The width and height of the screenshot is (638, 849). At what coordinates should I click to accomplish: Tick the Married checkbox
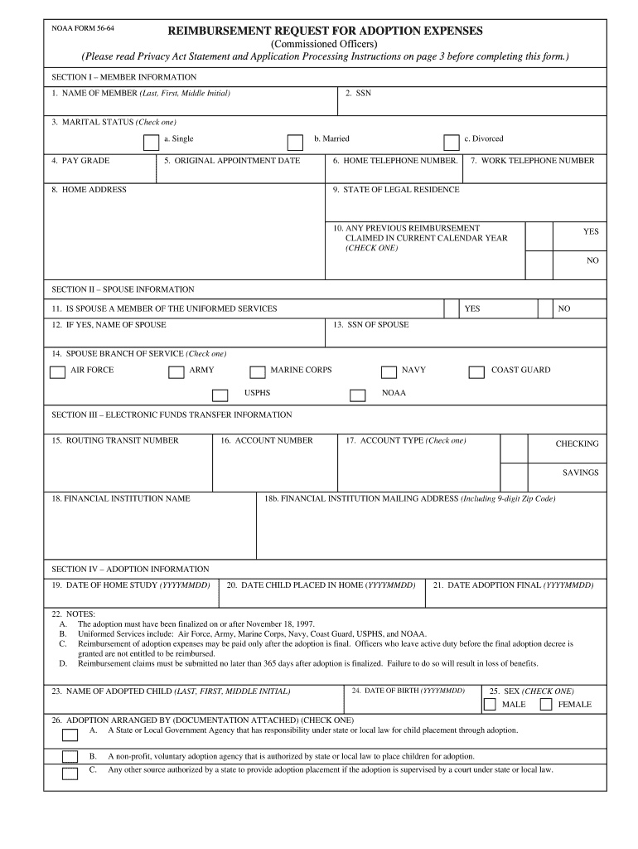click(295, 142)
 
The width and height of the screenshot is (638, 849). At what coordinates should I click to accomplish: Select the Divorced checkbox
click(451, 142)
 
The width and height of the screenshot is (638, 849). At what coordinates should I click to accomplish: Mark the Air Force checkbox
click(57, 372)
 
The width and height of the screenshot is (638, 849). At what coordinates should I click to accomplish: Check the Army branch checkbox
click(176, 372)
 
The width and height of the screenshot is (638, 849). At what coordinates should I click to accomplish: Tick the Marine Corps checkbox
click(256, 372)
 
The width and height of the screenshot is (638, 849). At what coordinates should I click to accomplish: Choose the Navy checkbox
click(389, 372)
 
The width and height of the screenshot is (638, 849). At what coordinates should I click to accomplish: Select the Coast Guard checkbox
click(476, 372)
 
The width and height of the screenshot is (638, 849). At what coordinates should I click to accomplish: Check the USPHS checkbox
click(220, 395)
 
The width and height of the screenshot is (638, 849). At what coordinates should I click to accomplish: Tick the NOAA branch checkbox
click(357, 395)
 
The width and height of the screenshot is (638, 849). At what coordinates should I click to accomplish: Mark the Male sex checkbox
click(490, 705)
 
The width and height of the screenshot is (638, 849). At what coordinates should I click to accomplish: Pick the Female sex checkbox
click(546, 705)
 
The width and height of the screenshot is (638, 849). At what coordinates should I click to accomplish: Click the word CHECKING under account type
click(577, 444)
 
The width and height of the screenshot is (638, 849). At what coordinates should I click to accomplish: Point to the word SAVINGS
click(580, 473)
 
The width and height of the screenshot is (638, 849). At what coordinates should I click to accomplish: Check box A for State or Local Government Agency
click(70, 734)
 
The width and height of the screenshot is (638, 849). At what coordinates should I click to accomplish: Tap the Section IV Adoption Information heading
click(130, 570)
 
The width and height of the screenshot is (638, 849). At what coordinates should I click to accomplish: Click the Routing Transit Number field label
click(114, 441)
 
